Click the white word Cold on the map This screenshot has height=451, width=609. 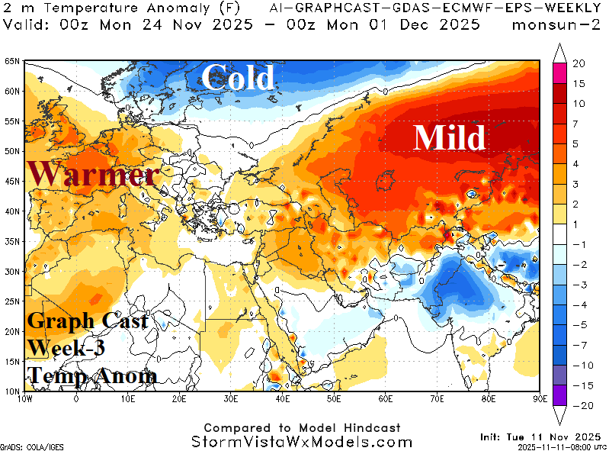click(237, 78)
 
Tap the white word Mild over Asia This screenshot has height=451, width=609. click(449, 138)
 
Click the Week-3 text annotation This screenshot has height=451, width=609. click(66, 348)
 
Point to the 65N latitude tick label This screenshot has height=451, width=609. click(11, 62)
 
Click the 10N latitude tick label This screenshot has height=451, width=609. click(11, 391)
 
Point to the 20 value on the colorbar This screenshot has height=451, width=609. click(579, 63)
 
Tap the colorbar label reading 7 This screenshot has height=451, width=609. click(579, 124)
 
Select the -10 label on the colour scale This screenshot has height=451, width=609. click(579, 365)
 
